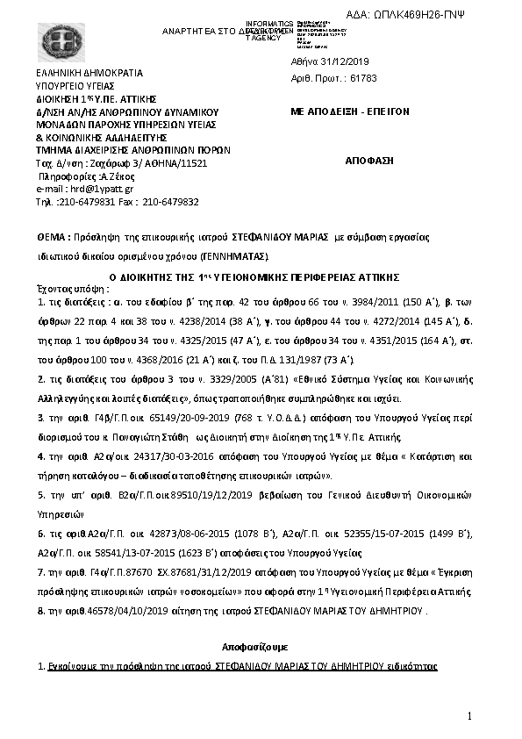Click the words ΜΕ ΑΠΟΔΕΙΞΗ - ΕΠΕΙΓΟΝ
point(347,113)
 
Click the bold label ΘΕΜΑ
point(51,238)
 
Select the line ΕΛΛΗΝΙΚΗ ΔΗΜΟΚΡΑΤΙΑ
point(89,74)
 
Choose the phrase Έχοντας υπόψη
point(68,287)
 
